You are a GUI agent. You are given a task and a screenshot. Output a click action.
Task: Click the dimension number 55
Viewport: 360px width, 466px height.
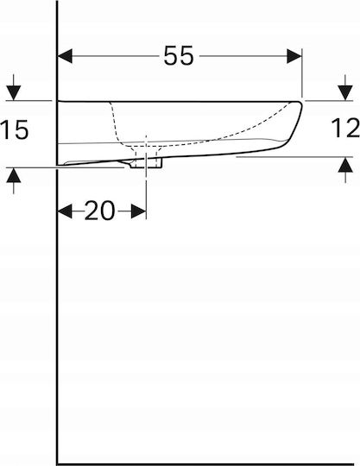pyautogui.click(x=179, y=55)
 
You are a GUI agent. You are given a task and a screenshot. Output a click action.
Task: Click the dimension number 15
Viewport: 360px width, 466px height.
pyautogui.click(x=15, y=129)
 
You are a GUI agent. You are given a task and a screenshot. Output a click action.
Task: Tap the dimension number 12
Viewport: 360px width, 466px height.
pyautogui.click(x=345, y=128)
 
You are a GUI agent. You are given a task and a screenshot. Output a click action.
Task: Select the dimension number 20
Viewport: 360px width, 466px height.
pyautogui.click(x=99, y=211)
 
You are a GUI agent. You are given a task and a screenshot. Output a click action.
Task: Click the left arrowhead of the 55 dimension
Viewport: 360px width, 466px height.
pyautogui.click(x=65, y=56)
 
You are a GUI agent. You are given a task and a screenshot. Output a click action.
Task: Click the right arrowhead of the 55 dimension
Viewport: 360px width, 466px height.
pyautogui.click(x=294, y=56)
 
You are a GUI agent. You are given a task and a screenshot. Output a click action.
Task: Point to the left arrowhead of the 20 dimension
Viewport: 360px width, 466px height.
pyautogui.click(x=65, y=211)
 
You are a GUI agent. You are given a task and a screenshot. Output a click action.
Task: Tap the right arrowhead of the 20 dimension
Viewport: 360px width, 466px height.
pyautogui.click(x=138, y=211)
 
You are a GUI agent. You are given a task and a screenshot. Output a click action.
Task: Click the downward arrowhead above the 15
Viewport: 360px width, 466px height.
pyautogui.click(x=14, y=93)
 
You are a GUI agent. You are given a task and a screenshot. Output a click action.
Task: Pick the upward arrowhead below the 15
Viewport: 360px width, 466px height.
pyautogui.click(x=14, y=175)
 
